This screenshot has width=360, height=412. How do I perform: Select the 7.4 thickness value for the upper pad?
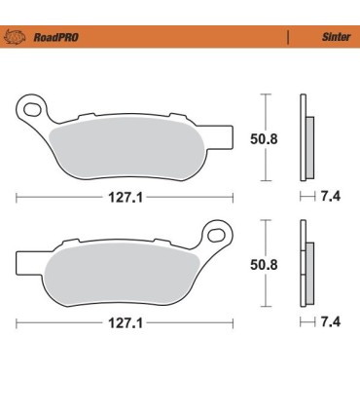330,195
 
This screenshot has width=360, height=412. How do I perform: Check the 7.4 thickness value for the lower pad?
330,320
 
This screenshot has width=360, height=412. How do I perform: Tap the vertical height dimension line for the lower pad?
264,265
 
